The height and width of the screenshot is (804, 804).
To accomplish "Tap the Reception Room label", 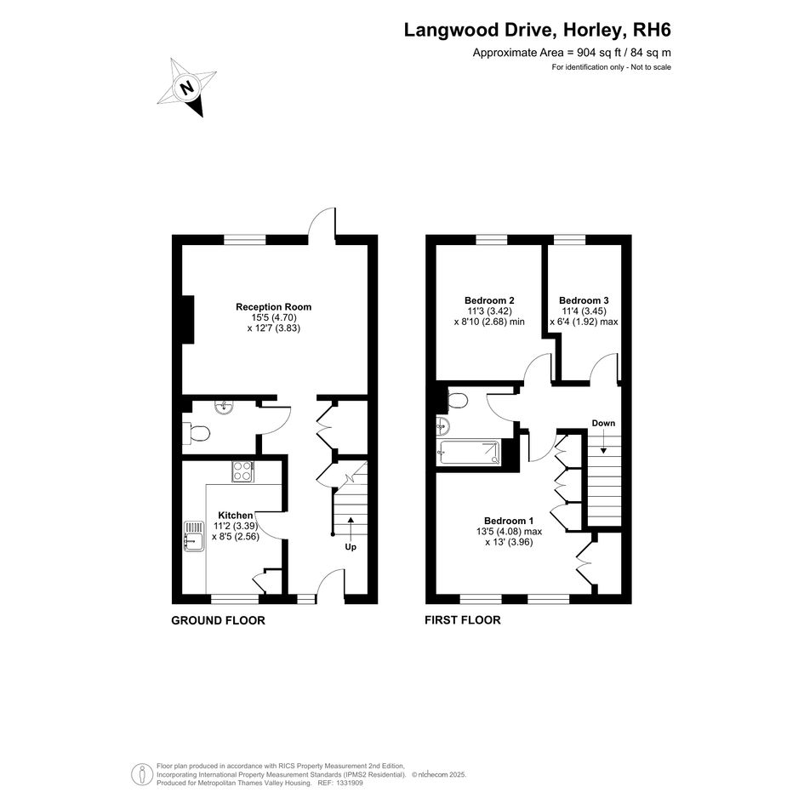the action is tap(273, 307).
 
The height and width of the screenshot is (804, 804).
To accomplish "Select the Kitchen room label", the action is tap(236, 516).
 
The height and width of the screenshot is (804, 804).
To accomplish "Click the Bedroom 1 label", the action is tap(509, 521).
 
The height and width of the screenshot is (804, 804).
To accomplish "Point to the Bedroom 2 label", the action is tap(489, 300).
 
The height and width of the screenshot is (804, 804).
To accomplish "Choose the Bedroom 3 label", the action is tap(584, 300).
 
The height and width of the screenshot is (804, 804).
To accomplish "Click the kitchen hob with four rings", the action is tap(242, 471).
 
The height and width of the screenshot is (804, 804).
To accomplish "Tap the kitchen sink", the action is tap(194, 536).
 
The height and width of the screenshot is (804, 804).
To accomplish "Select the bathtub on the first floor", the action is tap(468, 453).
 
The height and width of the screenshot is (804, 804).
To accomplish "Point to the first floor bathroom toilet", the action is tap(456, 400).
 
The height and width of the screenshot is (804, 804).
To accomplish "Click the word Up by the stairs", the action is tap(351, 547).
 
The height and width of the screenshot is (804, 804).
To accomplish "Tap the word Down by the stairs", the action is tap(603, 423).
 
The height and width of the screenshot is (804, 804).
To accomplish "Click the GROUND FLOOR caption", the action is tap(218, 620).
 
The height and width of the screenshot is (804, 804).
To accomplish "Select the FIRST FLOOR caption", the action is tap(463, 620).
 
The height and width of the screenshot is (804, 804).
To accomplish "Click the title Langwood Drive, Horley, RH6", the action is tap(538, 30).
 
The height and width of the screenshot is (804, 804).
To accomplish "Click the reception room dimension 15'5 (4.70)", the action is tap(274, 318).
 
